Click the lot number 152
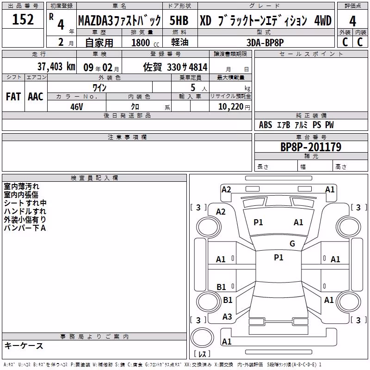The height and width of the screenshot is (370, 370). pyautogui.click(x=23, y=19)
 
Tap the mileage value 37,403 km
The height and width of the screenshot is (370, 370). pyautogui.click(x=56, y=67)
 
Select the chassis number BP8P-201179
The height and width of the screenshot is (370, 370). pyautogui.click(x=311, y=147)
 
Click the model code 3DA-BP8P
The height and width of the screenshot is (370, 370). pyautogui.click(x=265, y=43)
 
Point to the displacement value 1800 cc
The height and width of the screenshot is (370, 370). pyautogui.click(x=145, y=43)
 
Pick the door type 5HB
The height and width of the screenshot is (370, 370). pyautogui.click(x=179, y=20)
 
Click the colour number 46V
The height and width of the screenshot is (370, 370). pyautogui.click(x=77, y=107)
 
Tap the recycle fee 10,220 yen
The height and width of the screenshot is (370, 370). pyautogui.click(x=234, y=107)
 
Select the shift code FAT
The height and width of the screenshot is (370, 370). pyautogui.click(x=13, y=97)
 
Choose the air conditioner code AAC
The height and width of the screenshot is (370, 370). pyautogui.click(x=36, y=97)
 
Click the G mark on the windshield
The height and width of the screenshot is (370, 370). pyautogui.click(x=292, y=244)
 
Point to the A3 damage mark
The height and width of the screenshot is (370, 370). pyautogui.click(x=227, y=316)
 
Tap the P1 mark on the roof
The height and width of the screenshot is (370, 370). pyautogui.click(x=279, y=258)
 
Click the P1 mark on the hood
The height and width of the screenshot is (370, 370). pyautogui.click(x=258, y=222)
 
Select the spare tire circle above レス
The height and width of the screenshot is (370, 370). pyautogui.click(x=202, y=338)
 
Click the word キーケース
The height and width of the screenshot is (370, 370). pyautogui.click(x=24, y=345)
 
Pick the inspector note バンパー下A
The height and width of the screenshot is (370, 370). pyautogui.click(x=25, y=228)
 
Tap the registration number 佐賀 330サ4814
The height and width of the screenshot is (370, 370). pyautogui.click(x=175, y=67)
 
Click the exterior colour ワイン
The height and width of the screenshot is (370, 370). pyautogui.click(x=99, y=88)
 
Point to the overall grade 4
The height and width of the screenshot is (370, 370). pyautogui.click(x=352, y=21)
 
